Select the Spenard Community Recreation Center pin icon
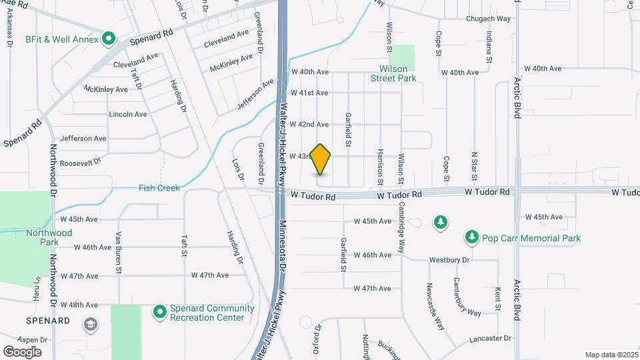coord(159,311)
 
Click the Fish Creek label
coord(159,188)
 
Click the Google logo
coord(22,351)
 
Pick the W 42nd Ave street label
coord(309,125)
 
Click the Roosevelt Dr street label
coord(80,162)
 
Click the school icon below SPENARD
coord(90,325)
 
